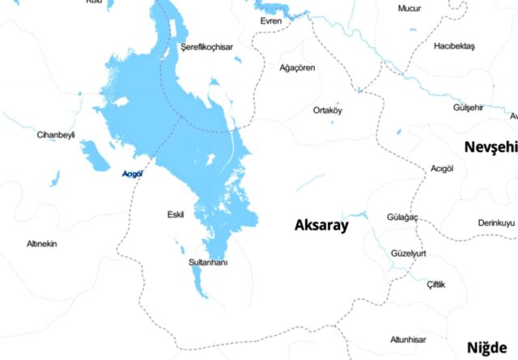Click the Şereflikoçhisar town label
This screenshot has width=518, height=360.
[x=206, y=48]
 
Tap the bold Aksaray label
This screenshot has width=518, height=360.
[x=321, y=225]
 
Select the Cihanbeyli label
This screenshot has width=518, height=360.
[x=55, y=134]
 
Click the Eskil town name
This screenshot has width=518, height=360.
[x=176, y=214]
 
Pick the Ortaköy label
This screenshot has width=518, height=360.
[x=328, y=110]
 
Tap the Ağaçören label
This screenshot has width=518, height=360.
[x=297, y=68]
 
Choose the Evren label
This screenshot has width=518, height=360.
[x=270, y=21]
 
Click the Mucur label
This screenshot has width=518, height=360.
[x=410, y=8]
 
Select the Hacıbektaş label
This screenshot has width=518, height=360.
[x=455, y=45]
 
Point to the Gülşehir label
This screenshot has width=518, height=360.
[x=468, y=108]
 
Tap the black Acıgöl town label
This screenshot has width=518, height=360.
[x=442, y=168]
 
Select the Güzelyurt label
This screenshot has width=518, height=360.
[x=408, y=253]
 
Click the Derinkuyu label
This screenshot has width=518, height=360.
[x=495, y=222]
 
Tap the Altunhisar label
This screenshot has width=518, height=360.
[x=407, y=339]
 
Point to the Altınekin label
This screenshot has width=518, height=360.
[x=42, y=244]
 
